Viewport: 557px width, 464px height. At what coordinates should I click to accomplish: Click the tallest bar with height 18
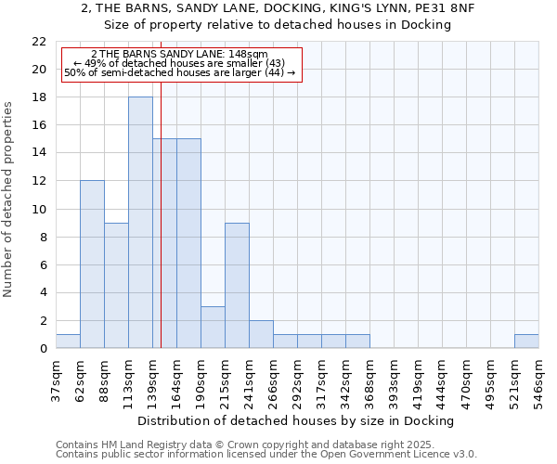140,223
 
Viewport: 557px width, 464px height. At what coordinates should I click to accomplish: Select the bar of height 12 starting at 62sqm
92,264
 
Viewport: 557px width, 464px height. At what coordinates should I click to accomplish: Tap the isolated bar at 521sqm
526,342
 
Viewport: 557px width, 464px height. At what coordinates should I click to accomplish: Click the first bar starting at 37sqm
68,342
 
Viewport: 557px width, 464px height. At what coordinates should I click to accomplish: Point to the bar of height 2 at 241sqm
261,334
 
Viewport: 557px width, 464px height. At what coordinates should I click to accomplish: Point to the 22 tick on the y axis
39,42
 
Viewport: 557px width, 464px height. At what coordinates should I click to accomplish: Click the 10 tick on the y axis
39,209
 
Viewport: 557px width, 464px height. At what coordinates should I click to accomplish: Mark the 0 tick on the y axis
43,349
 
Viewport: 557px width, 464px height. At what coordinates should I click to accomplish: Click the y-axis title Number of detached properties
9,200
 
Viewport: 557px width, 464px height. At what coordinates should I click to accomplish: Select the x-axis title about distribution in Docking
301,421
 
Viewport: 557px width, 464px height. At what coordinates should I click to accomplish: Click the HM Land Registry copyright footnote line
239,445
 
